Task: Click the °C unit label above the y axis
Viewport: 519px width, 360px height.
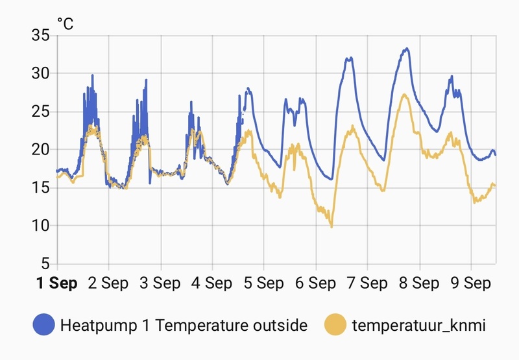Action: [66, 24]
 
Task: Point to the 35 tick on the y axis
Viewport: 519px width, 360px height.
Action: [41, 35]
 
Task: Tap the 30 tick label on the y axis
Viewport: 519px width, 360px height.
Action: [41, 73]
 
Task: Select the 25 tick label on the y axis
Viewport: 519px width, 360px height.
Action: [41, 112]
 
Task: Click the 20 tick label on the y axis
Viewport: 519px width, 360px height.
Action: [41, 149]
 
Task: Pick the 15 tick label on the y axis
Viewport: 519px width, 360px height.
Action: [41, 187]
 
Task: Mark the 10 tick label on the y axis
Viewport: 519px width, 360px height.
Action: [41, 226]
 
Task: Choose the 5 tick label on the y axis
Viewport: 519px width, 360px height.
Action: [45, 263]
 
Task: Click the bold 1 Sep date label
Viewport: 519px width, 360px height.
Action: [57, 283]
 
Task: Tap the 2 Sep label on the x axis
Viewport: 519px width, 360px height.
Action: [108, 283]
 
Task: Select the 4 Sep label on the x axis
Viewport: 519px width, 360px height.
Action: [212, 283]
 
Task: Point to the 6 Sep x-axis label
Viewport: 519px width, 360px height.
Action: [316, 283]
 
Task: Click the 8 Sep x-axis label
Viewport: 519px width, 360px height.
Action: [419, 283]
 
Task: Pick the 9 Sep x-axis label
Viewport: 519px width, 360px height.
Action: [471, 283]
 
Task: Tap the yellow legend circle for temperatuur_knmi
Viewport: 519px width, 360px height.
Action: [335, 325]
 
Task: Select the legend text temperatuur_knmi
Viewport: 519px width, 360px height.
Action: [418, 325]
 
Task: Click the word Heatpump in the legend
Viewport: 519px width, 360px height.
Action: [91, 325]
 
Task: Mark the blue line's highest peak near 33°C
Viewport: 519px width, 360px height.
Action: [407, 49]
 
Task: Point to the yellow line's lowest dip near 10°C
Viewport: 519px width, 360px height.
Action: [332, 226]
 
